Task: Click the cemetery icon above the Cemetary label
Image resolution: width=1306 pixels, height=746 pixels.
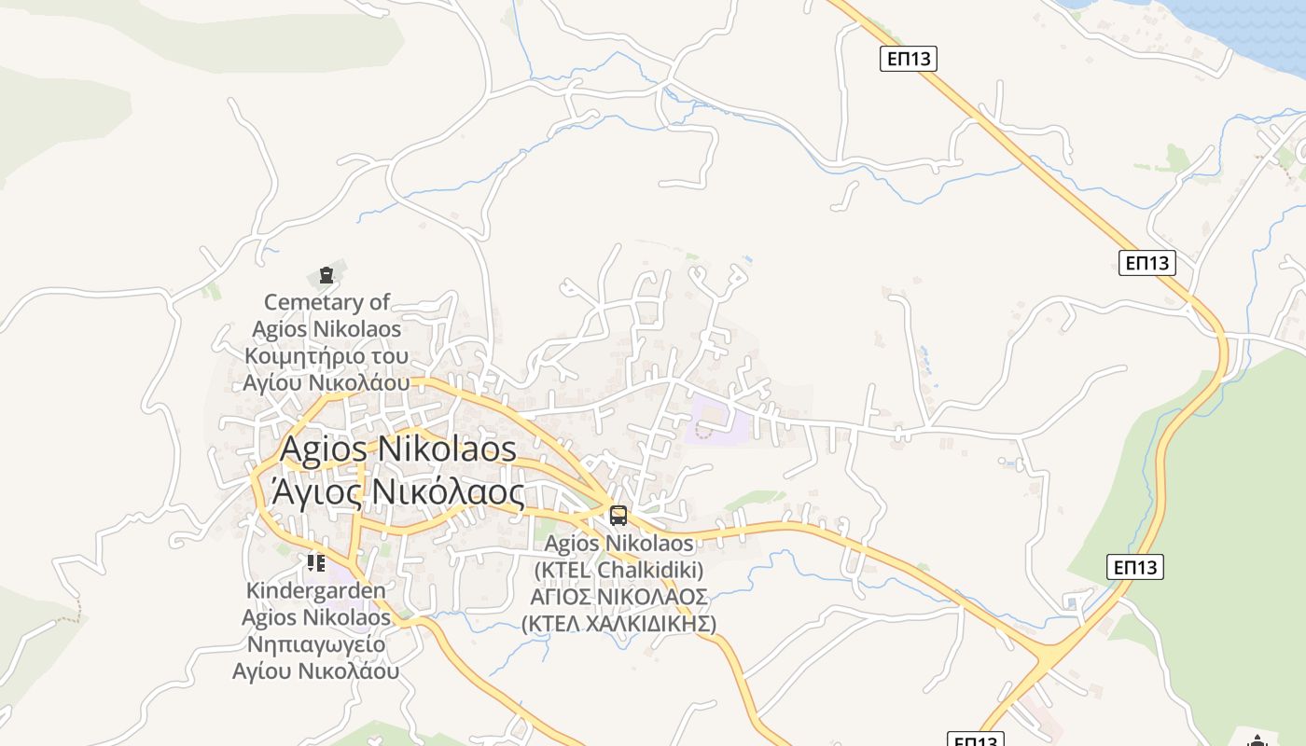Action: coord(326,275)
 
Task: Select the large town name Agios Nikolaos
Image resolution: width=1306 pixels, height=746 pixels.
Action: coord(397,449)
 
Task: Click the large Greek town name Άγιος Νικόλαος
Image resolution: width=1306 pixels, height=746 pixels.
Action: coord(397,491)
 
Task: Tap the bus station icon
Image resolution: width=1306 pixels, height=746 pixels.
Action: coord(618,516)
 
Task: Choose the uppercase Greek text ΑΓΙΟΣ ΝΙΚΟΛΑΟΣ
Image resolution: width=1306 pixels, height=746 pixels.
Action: coord(618,597)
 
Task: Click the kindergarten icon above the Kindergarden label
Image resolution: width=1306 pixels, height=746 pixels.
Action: coord(316,562)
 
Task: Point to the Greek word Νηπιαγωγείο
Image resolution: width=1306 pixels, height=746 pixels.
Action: coord(315,644)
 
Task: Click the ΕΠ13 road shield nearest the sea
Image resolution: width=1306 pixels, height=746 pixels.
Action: coord(908,59)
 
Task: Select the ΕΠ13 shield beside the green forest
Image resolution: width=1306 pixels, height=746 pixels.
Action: coord(1136,566)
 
